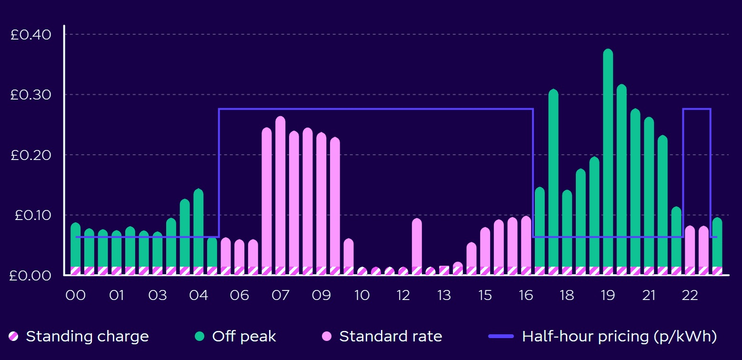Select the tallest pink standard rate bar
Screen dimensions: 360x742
pos(281,190)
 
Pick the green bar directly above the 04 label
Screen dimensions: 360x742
pos(199,229)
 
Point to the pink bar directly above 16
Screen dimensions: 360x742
pos(526,243)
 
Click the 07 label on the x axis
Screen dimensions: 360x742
pos(281,295)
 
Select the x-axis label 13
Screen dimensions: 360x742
pos(444,295)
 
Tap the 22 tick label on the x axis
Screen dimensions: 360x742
pos(690,295)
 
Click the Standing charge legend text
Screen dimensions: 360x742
pos(87,337)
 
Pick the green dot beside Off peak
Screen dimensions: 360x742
pos(200,337)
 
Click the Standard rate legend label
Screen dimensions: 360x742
pos(391,337)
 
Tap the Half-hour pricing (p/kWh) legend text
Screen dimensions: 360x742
pos(619,337)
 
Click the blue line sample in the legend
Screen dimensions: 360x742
pos(501,337)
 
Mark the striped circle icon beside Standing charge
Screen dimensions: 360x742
pos(14,337)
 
